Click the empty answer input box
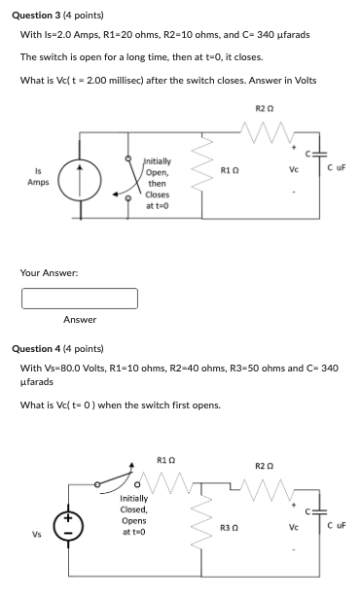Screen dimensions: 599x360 (x=80, y=297)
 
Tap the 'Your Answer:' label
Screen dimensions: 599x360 (x=50, y=272)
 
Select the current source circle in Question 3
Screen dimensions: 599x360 (x=78, y=179)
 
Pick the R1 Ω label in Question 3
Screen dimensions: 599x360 (x=230, y=171)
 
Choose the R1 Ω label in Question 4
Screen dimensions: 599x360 (x=165, y=459)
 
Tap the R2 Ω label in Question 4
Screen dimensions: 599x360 (x=264, y=466)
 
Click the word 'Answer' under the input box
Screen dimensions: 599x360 (x=80, y=319)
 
